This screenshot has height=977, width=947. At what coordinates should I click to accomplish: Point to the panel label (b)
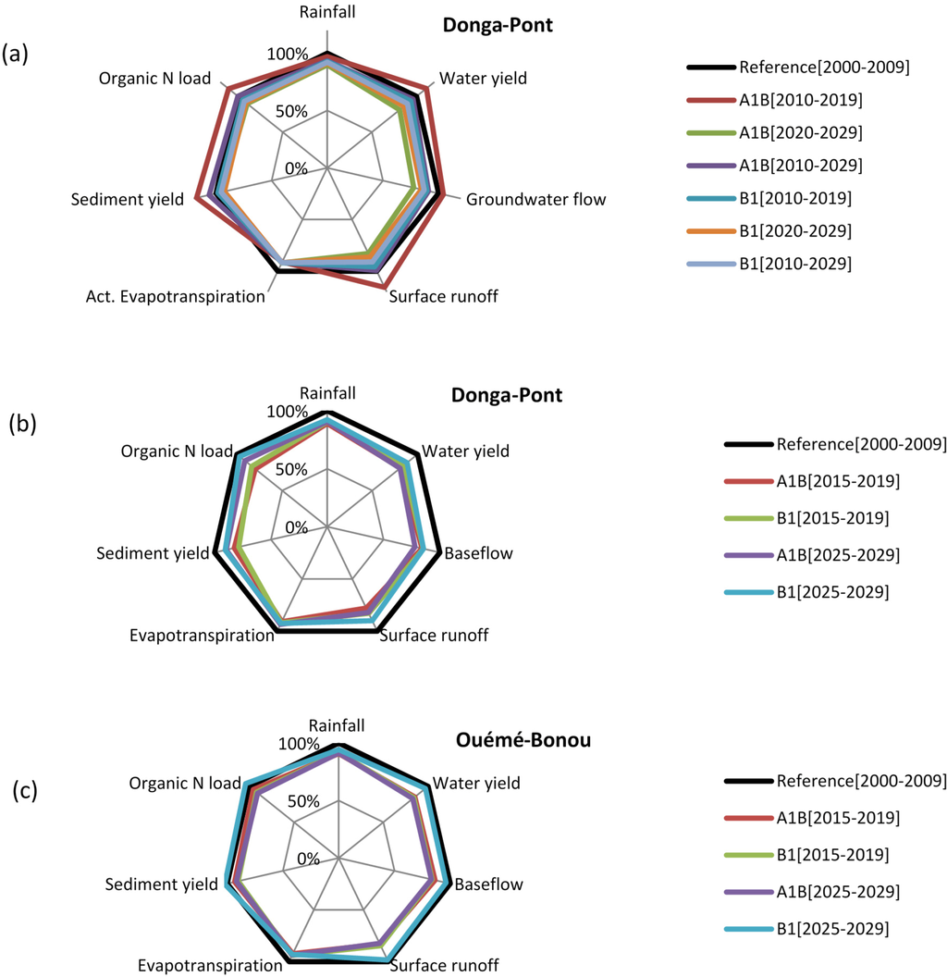(x=22, y=424)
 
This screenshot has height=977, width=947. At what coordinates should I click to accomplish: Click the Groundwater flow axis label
(x=536, y=199)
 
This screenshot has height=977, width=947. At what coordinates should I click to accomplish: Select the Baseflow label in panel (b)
(x=479, y=555)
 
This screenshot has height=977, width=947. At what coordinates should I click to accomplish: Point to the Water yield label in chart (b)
(x=465, y=452)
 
